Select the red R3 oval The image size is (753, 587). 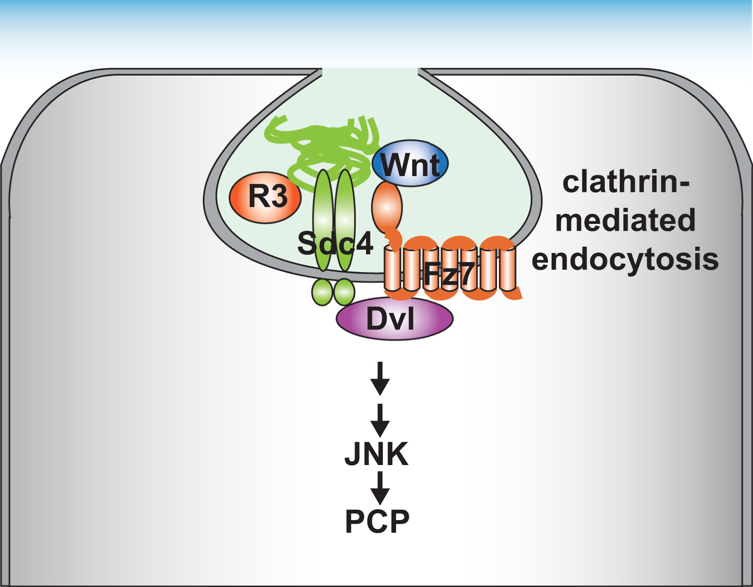pyautogui.click(x=266, y=197)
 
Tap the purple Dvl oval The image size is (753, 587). pyautogui.click(x=394, y=319)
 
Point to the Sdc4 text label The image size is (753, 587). pyautogui.click(x=335, y=243)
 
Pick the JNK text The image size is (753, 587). pyautogui.click(x=376, y=454)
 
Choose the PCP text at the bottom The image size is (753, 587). pyautogui.click(x=377, y=521)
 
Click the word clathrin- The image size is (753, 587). pyautogui.click(x=626, y=182)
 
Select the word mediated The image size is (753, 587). pyautogui.click(x=625, y=220)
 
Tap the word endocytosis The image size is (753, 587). pyautogui.click(x=625, y=259)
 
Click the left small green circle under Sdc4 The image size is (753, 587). pyautogui.click(x=322, y=292)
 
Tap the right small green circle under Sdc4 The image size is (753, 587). pyautogui.click(x=344, y=292)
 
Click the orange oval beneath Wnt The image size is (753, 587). pyautogui.click(x=387, y=207)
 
